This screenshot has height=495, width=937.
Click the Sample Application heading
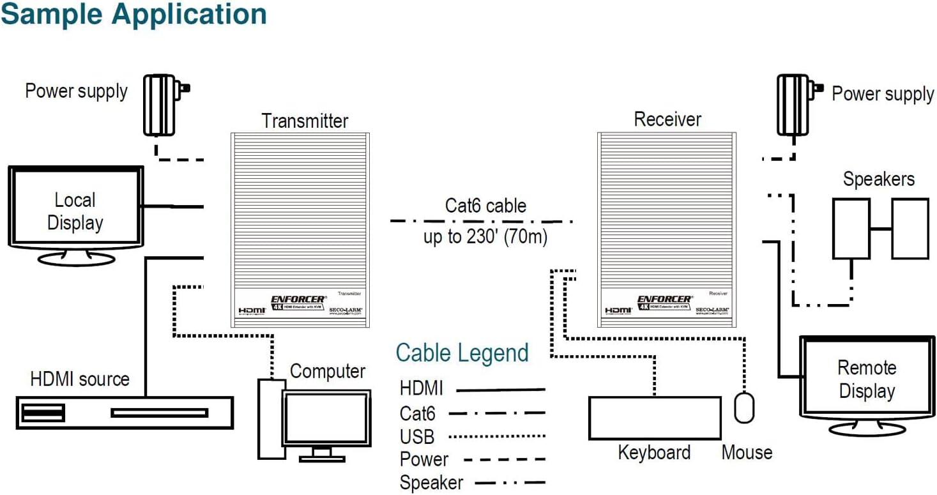pos(133,14)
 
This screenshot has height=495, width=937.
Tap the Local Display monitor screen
pos(75,211)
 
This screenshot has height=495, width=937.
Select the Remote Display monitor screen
pos(866,379)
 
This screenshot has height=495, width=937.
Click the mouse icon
pos(744,408)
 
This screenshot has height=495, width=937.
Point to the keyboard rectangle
pos(654,418)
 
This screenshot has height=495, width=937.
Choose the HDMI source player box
pos(125,413)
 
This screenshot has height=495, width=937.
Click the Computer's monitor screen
pos(326,419)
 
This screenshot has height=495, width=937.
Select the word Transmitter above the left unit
pos(305,121)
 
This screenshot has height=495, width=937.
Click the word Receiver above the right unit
pos(667,119)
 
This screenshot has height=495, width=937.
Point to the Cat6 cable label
pos(485,206)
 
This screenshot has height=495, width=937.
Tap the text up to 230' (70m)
pos(485,237)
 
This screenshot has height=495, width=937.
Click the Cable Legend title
pos(462,353)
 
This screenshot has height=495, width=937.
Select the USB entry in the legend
pos(417,437)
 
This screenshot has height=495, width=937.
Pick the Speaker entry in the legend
pos(431,483)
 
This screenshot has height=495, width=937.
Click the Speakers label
pos(878,179)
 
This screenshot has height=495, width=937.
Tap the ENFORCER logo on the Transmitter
pos(298,299)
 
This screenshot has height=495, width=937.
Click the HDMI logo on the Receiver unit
pos(618,310)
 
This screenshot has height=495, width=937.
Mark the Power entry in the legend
pos(424,459)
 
